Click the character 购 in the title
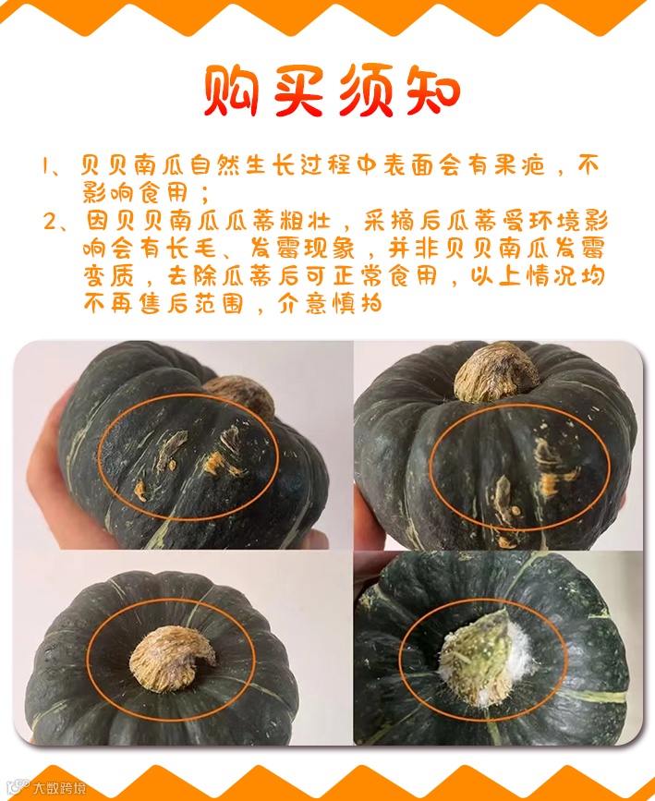point(232,91)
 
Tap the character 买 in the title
point(299,91)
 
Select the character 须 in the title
point(366,91)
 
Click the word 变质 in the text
point(109,276)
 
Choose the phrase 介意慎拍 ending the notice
point(331,304)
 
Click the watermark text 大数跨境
point(59,787)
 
